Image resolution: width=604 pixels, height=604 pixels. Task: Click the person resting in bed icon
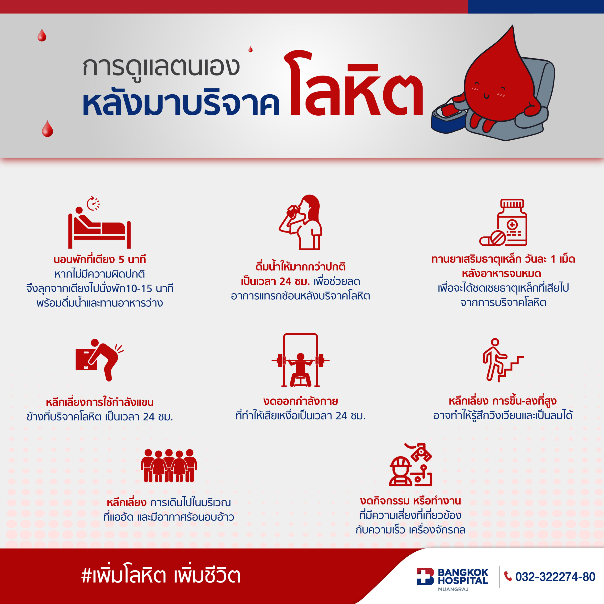click(99, 228)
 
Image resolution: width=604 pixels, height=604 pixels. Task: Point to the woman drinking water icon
click(300, 222)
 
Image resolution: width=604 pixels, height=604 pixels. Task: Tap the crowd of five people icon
click(169, 466)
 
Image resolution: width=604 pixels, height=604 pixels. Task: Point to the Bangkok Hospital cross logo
click(425, 576)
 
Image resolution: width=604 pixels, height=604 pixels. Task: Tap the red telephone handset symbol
click(508, 576)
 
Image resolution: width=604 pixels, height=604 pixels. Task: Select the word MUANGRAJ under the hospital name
click(453, 589)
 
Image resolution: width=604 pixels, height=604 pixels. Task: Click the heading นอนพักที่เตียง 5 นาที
click(99, 259)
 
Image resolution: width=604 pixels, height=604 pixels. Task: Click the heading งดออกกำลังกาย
click(300, 401)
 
